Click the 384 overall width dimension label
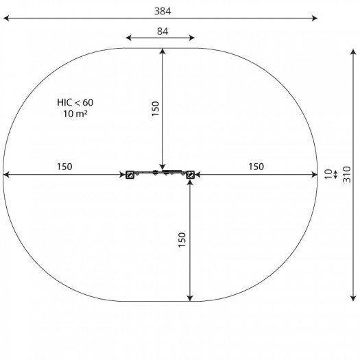[x=163, y=11]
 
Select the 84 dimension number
[x=163, y=32]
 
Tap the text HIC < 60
[x=75, y=102]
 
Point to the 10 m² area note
[x=75, y=114]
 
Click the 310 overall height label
[x=347, y=174]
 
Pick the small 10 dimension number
[x=328, y=174]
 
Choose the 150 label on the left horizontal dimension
[x=64, y=167]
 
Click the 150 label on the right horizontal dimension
[x=256, y=167]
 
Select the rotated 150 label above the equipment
[x=156, y=108]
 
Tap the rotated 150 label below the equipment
[x=182, y=240]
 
